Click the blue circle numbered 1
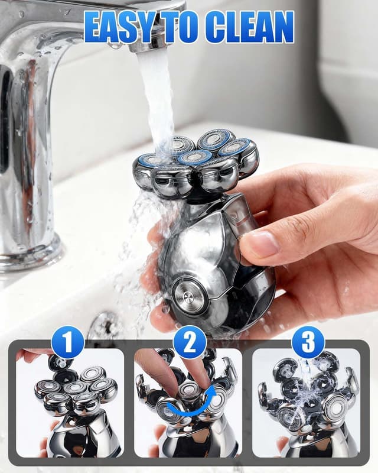pyautogui.click(x=67, y=342)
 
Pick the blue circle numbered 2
pyautogui.click(x=190, y=342)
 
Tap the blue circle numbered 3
pyautogui.click(x=308, y=342)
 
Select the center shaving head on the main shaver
pyautogui.click(x=195, y=157)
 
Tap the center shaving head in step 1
pyautogui.click(x=76, y=388)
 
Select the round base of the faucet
pyautogui.click(x=30, y=254)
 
